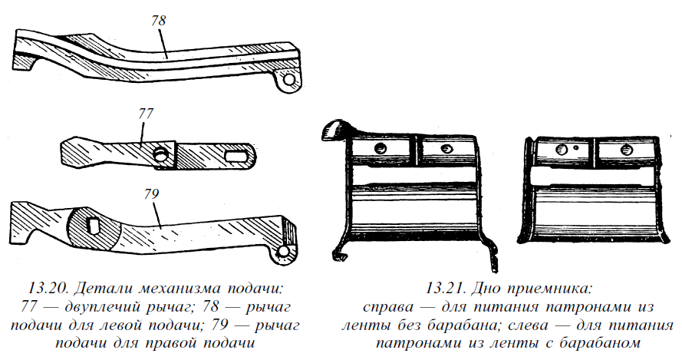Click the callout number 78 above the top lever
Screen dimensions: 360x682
[159, 21]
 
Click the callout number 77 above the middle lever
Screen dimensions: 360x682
[146, 114]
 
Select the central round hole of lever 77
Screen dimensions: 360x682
[160, 154]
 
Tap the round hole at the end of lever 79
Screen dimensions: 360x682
[283, 250]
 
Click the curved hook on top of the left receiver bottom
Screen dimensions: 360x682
[338, 130]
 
